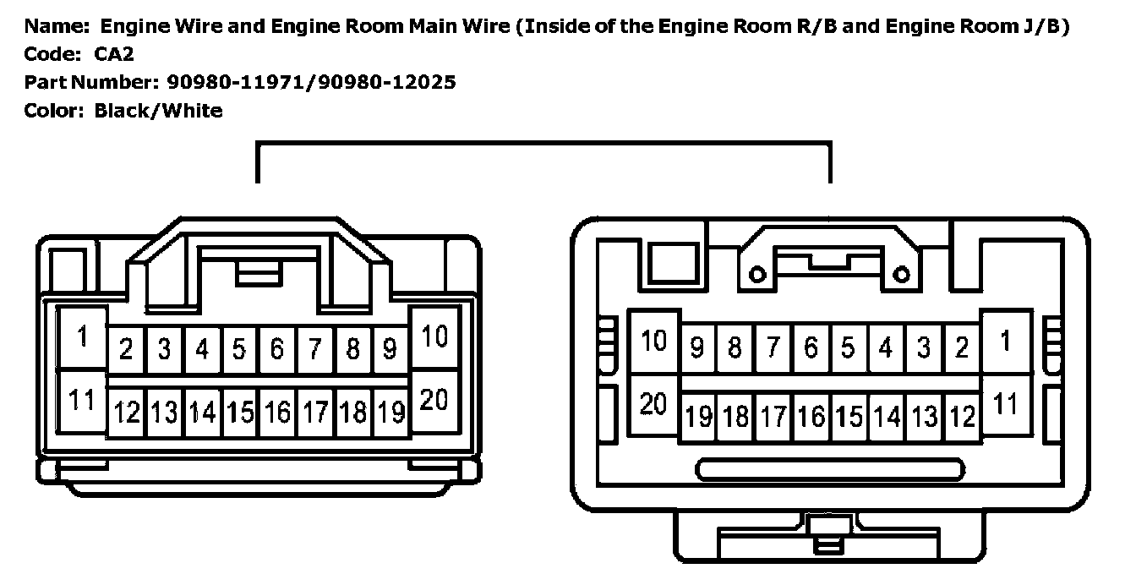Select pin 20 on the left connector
click(434, 401)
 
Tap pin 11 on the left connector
click(82, 401)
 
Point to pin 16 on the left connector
click(277, 413)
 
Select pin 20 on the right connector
click(653, 405)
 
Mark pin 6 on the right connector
click(811, 347)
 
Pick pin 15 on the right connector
click(848, 416)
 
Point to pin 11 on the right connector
click(1005, 405)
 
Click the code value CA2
click(113, 54)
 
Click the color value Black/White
click(158, 110)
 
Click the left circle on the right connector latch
click(758, 273)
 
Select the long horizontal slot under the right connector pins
click(829, 469)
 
